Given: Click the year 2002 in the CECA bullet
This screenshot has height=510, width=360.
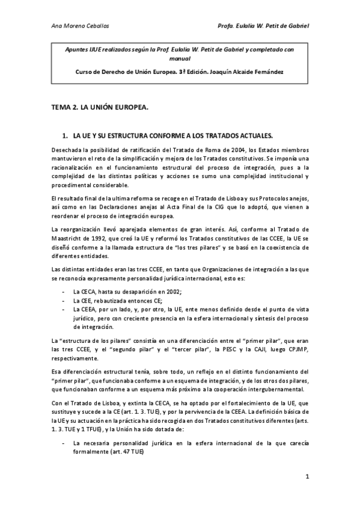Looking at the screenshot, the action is pos(171,290).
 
